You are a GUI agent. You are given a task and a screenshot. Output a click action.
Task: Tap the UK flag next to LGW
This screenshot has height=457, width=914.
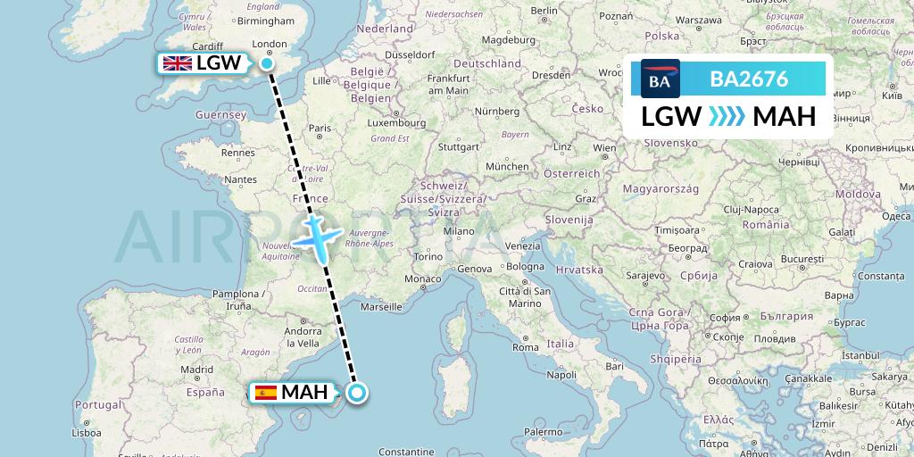coord(177,63)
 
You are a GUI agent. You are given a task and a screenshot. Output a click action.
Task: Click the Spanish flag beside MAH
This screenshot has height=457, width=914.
coord(265,393)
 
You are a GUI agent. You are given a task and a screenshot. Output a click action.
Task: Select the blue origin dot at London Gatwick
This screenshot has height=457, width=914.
coord(268,62)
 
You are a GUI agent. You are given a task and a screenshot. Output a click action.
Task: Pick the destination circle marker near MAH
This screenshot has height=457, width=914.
coord(357,393)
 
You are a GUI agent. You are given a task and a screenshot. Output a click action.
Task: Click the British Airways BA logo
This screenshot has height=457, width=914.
coord(660,79)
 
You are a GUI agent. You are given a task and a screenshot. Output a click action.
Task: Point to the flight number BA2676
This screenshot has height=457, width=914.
coord(748,79)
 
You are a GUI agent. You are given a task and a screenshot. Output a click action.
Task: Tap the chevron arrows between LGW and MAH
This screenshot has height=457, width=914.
coord(726,117)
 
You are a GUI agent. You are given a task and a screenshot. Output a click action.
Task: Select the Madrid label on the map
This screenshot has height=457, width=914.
coord(196,369)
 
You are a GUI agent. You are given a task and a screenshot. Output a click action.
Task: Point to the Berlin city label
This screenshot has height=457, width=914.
coord(544,10)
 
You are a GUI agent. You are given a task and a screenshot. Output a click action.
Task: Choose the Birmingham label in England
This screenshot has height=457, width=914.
coord(267,21)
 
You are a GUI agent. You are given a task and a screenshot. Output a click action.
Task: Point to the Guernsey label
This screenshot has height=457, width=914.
coord(222,115)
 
